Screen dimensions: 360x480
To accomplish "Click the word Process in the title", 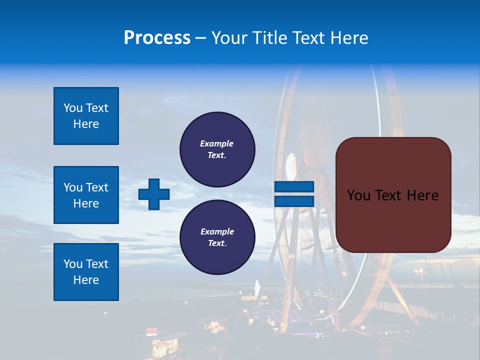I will tap(157, 38).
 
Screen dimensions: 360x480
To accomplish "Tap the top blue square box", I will tap(86, 116).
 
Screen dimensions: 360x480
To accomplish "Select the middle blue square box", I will tap(86, 195).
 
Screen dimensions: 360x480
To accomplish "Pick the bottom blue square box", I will tap(86, 272).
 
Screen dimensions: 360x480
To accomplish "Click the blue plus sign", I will tap(153, 194).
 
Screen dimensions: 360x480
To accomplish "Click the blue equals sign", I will tap(294, 194).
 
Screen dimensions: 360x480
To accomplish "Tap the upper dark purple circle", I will tap(217, 149).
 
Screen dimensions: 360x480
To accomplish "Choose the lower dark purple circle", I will tap(217, 237).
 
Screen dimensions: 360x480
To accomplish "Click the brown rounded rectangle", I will tap(393, 195).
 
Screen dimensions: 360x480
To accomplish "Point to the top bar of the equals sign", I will tap(294, 187).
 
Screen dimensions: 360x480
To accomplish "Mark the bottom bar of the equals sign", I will tap(294, 201).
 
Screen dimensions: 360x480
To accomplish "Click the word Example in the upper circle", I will tap(217, 143).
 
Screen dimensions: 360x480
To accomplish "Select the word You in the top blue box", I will tap(72, 108).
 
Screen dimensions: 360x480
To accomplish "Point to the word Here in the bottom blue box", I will tap(86, 280).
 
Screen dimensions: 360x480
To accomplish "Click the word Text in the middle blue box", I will tap(96, 187).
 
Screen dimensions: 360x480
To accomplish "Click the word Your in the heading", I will tap(227, 38).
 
